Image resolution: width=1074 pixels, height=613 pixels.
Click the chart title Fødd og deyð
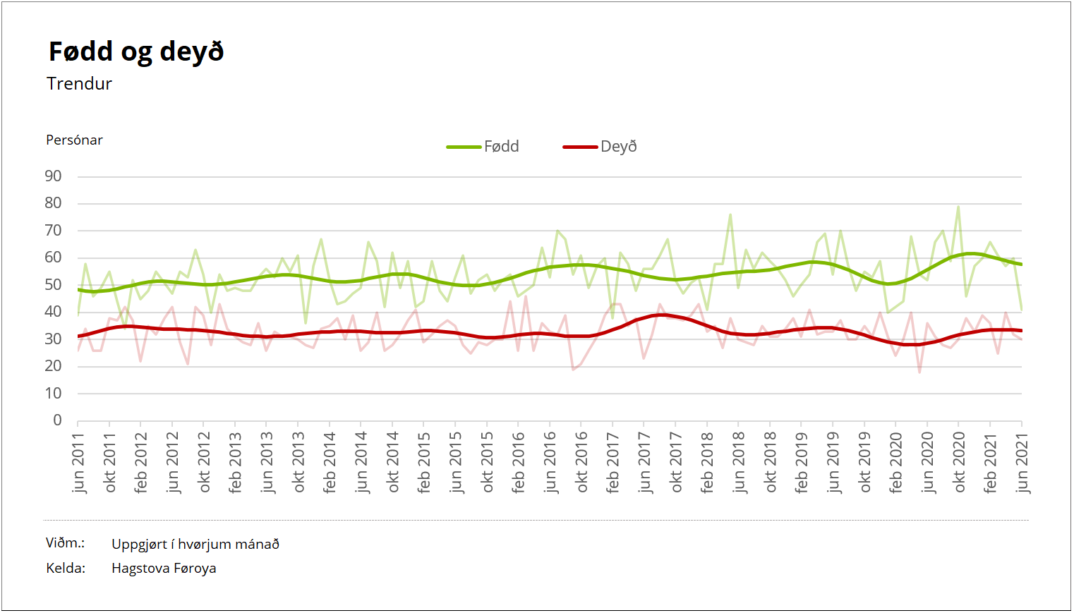136,52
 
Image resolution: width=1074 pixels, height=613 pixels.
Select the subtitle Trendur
79,84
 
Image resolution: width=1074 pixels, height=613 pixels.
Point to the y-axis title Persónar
74,140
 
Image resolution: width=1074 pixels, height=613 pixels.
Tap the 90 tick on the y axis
53,176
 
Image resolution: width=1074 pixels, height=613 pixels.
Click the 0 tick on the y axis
57,420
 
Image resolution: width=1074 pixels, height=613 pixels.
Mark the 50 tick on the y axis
53,285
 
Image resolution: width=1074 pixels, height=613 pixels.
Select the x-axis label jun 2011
78,463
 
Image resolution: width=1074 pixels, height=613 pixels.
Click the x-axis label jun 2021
1022,463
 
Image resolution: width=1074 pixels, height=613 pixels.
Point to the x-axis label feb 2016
519,463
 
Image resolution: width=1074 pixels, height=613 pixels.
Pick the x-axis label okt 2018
770,463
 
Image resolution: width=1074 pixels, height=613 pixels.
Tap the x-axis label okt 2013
298,463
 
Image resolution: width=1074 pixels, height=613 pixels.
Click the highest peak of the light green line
958,207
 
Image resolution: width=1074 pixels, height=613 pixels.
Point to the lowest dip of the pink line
919,372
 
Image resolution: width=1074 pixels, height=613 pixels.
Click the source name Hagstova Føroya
164,569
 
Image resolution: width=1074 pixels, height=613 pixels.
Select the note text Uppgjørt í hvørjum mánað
195,545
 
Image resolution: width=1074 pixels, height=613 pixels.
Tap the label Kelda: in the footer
66,569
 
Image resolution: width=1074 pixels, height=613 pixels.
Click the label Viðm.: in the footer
65,543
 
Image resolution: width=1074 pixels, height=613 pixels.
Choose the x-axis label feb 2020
895,463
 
